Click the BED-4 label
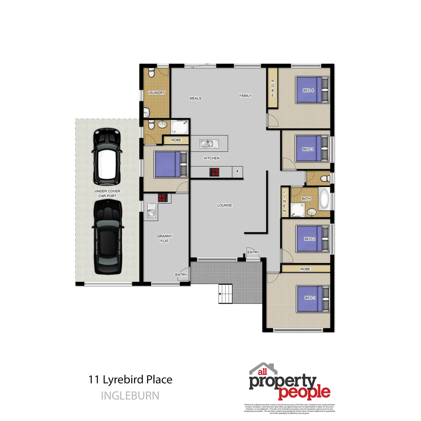(x=308, y=90)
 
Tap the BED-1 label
(x=309, y=298)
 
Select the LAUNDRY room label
(x=156, y=93)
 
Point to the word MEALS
(x=195, y=98)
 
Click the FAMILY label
(x=245, y=96)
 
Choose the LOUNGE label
(x=225, y=205)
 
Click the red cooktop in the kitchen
(x=214, y=172)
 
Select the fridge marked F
(x=237, y=172)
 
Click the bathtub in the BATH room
(x=324, y=198)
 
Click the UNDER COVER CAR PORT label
(x=107, y=193)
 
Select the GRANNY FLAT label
(x=164, y=238)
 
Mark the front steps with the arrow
(x=225, y=294)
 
